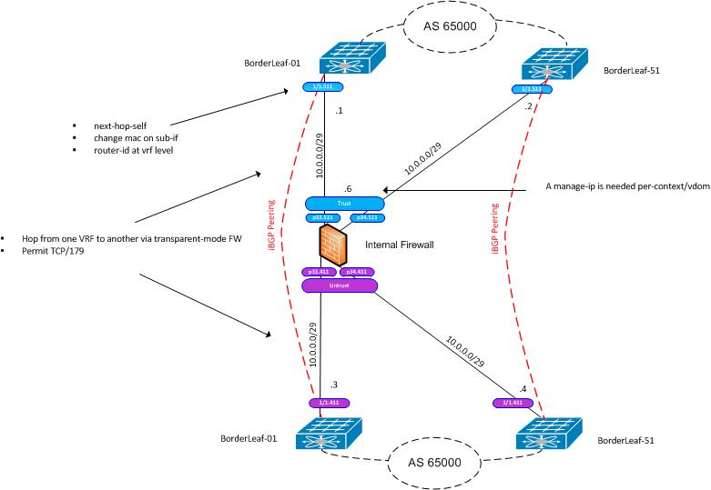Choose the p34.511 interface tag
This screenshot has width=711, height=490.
tap(367, 218)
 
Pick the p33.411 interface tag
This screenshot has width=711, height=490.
tap(320, 272)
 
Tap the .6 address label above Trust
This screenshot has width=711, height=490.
tap(347, 189)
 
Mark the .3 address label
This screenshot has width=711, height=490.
tap(334, 385)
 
